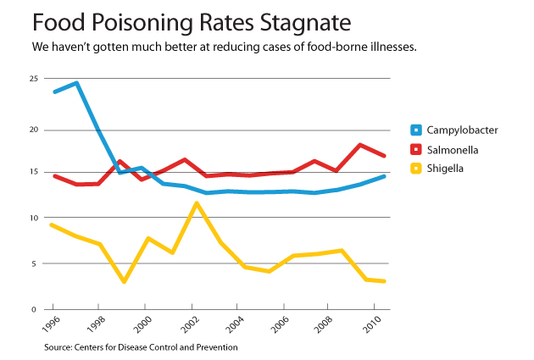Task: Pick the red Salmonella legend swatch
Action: coord(416,150)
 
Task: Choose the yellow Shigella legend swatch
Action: coord(416,169)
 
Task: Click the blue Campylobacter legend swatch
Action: coord(416,130)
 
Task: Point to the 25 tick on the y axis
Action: coord(35,79)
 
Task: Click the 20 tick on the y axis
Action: coord(35,130)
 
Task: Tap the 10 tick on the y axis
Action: coord(35,219)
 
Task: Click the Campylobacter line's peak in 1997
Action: coord(76,83)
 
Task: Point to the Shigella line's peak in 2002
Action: coord(197,203)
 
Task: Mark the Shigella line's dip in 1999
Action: coord(124,281)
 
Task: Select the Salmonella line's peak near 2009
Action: coord(361,145)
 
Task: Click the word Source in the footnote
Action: coord(60,346)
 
